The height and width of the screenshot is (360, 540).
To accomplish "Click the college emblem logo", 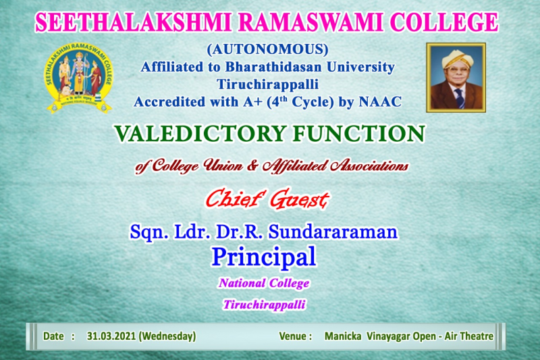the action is click(x=78, y=78).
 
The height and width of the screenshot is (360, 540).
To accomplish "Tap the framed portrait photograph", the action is click(x=456, y=78).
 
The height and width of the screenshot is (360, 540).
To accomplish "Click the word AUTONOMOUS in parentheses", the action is click(x=267, y=49).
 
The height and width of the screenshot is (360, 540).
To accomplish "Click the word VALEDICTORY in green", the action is click(x=200, y=133).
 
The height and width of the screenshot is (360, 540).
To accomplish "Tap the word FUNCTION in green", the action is click(x=359, y=133).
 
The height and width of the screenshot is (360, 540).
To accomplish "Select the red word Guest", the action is click(x=298, y=200).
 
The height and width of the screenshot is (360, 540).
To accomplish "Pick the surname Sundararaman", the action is click(x=333, y=232).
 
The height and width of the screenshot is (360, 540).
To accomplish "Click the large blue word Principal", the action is click(x=264, y=257).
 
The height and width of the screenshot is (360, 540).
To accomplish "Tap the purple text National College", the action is click(x=264, y=283).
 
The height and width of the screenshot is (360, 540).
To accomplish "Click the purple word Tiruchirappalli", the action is click(x=264, y=305).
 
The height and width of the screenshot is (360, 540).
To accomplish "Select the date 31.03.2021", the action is click(x=111, y=336).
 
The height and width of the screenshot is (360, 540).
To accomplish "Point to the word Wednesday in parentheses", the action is click(x=167, y=336).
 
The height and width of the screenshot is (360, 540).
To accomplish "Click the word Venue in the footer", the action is click(x=293, y=336).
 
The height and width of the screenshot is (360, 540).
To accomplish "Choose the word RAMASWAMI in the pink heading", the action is click(x=310, y=23).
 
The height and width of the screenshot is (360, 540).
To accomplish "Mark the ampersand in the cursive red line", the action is click(x=252, y=165).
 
